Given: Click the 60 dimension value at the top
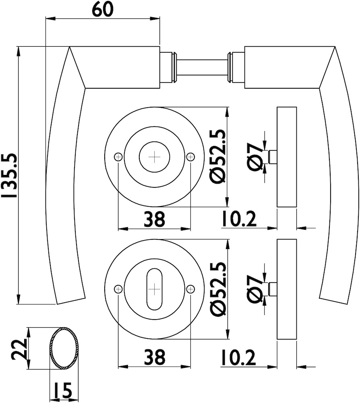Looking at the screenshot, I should (102, 9).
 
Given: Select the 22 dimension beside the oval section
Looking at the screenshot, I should (19, 349).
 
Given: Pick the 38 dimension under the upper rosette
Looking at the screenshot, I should (154, 219).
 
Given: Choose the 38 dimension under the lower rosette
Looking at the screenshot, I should (154, 357).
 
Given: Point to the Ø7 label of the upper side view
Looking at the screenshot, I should (255, 157).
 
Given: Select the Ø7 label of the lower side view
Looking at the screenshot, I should (255, 289).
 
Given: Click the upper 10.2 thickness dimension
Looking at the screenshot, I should (238, 219).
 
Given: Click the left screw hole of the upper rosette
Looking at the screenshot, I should (118, 157).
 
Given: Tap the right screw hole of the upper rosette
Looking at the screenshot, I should (190, 157).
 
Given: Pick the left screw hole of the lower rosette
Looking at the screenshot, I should (118, 289).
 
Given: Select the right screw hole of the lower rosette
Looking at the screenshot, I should (190, 289).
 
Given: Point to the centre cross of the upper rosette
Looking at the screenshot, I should (154, 157).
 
